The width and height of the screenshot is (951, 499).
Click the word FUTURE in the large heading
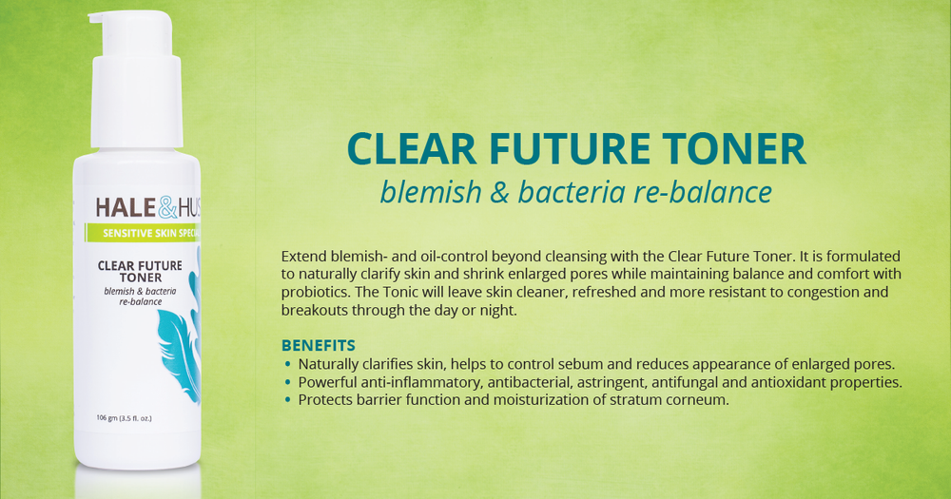pos(570,149)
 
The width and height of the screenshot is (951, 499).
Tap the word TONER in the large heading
pos(734,149)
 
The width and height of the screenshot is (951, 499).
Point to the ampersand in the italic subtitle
pos(499,193)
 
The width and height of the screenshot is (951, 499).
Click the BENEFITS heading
pos(319,346)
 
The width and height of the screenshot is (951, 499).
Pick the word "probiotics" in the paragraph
pos(315,292)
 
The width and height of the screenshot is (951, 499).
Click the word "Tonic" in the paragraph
pos(400,292)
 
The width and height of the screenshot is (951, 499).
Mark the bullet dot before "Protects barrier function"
pos(287,400)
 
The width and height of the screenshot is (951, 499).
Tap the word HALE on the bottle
pos(126,208)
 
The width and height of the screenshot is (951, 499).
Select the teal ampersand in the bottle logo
pos(168,208)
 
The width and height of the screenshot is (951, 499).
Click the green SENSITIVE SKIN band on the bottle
pos(143,234)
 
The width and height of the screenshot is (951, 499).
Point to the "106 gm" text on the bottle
pos(107,418)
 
